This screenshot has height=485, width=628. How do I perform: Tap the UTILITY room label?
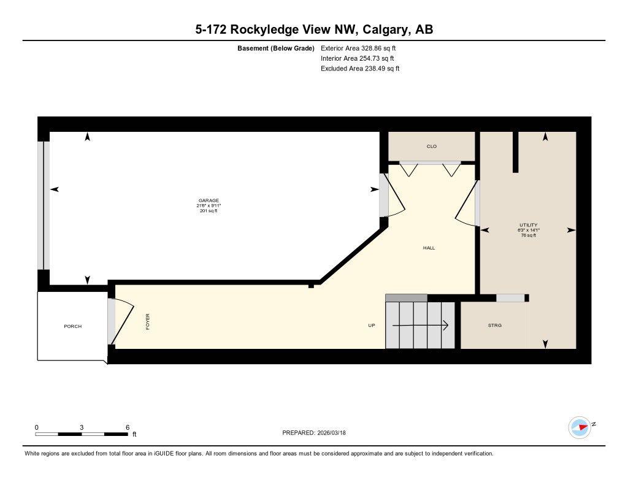tap(527, 225)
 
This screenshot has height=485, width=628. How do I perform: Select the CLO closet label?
tap(432, 147)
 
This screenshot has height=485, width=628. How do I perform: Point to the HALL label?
tap(429, 248)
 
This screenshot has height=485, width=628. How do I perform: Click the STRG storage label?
tap(494, 326)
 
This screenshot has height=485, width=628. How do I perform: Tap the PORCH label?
tap(72, 326)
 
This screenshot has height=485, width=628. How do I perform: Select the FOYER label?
tap(148, 322)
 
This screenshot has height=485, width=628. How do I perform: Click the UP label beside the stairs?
tap(371, 326)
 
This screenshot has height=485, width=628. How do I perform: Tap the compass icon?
tap(580, 427)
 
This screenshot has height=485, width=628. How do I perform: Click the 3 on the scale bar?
tap(82, 427)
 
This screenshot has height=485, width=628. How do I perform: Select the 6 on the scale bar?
tap(127, 427)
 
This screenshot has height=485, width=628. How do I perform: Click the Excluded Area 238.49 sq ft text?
tap(360, 69)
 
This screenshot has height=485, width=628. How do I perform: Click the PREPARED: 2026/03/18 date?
tap(318, 433)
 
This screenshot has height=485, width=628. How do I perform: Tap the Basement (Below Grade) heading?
tap(276, 48)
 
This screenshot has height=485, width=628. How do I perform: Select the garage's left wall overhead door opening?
tap(42, 205)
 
